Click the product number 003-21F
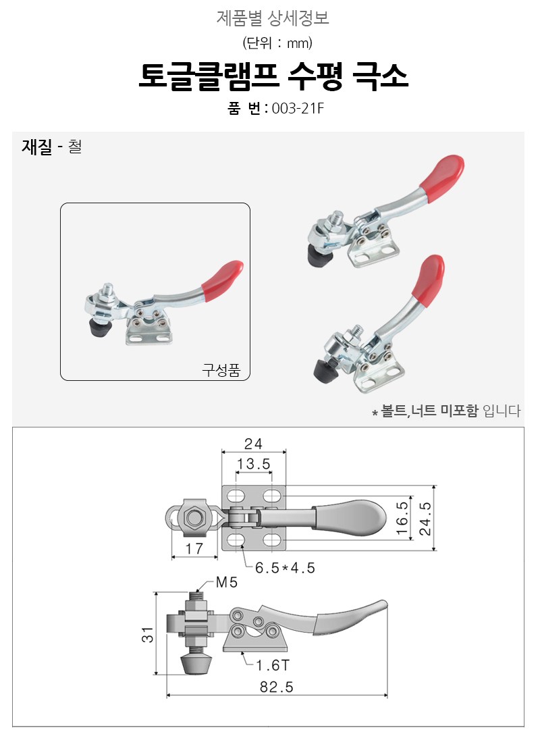pos(298,108)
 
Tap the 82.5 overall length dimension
pos(276,687)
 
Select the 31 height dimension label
pos(148,635)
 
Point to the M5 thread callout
pos(227,582)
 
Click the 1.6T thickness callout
pos(273,665)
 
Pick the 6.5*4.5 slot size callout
pos(285,568)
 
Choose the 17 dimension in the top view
pos(194,548)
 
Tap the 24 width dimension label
pos(253,444)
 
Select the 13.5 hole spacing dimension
pos(254,464)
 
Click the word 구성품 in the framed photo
pos(221,370)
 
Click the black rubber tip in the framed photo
pos(101,330)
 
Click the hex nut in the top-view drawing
pos(194,518)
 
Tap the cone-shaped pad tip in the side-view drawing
pos(196,664)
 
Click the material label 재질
pos(36,146)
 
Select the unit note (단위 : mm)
pos(277,43)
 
